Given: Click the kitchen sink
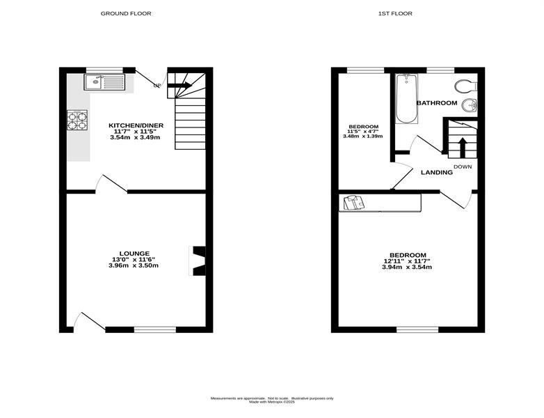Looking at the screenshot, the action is (104, 82).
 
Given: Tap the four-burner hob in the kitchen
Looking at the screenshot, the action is (77, 121).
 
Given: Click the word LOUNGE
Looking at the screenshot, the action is (134, 254).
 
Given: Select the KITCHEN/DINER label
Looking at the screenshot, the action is (136, 125).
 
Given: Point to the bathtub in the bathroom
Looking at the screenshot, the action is (407, 99).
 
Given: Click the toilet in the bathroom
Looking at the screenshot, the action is (466, 86).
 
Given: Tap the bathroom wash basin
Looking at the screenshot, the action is (470, 105).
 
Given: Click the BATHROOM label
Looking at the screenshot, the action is (437, 103).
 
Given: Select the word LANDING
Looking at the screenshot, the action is (437, 172).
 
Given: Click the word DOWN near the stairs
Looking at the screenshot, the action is (463, 167).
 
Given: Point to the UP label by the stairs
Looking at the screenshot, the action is (157, 86).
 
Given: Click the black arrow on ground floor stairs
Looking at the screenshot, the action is (179, 85).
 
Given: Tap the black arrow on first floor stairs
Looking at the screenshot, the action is (462, 148).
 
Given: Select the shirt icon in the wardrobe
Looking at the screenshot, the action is (354, 202).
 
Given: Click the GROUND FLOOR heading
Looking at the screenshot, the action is (126, 13).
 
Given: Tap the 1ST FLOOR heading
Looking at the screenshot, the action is (395, 13).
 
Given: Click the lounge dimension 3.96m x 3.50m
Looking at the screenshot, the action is (134, 265).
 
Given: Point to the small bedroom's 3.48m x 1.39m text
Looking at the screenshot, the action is (363, 137).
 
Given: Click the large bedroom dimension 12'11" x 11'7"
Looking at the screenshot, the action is (407, 261).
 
